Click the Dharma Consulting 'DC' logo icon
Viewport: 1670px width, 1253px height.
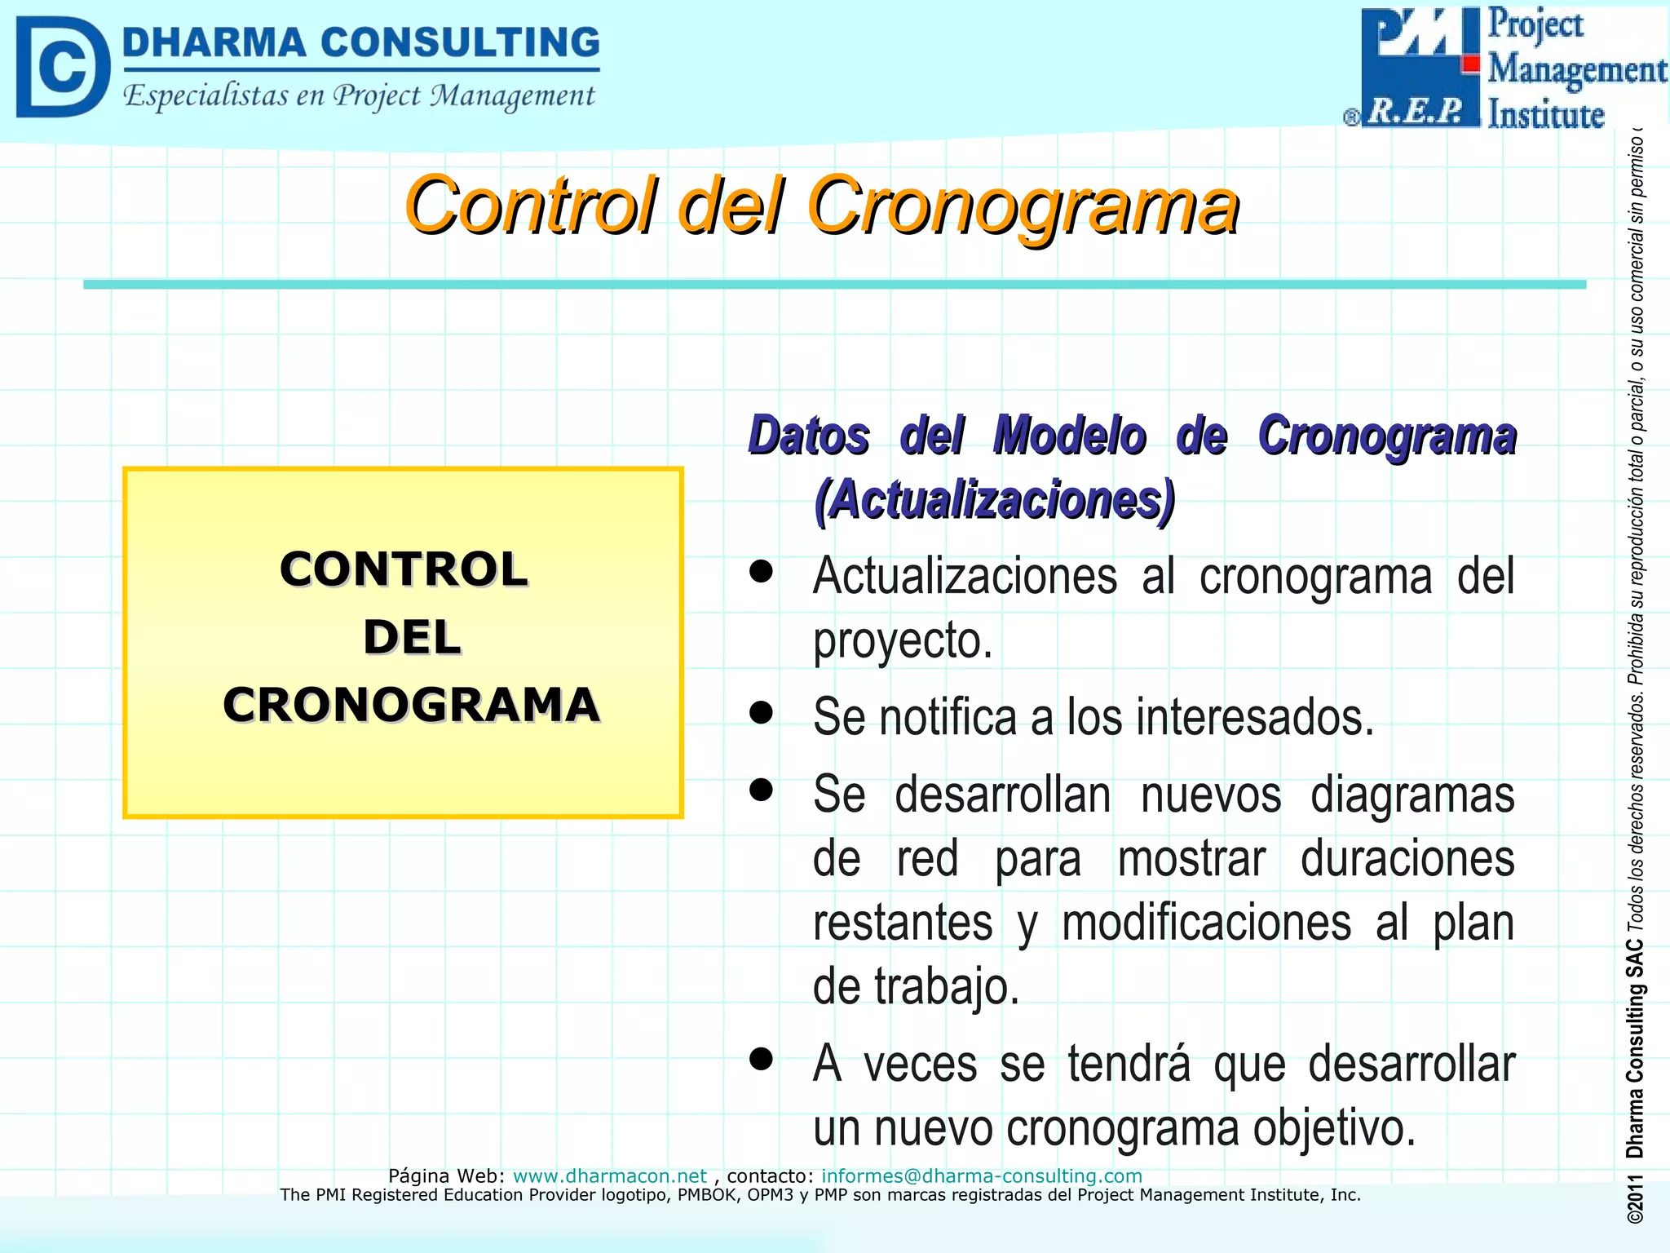(62, 67)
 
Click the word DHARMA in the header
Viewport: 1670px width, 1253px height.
(214, 42)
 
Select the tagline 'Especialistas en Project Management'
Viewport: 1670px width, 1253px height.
(359, 96)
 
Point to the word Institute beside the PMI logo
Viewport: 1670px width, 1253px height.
(1545, 114)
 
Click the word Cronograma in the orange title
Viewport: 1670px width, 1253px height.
(1023, 206)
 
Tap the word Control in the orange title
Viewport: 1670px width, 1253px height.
(530, 206)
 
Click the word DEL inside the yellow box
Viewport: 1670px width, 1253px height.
(412, 637)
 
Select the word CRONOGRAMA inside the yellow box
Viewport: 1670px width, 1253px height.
(412, 705)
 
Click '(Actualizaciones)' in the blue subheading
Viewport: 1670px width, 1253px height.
(995, 499)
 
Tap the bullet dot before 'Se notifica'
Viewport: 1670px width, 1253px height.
(761, 712)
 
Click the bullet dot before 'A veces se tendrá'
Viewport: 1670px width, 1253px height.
(761, 1059)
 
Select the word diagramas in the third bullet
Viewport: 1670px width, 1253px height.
(1412, 795)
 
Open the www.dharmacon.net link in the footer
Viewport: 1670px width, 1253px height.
(609, 1176)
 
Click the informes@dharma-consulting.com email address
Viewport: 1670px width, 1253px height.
(981, 1176)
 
